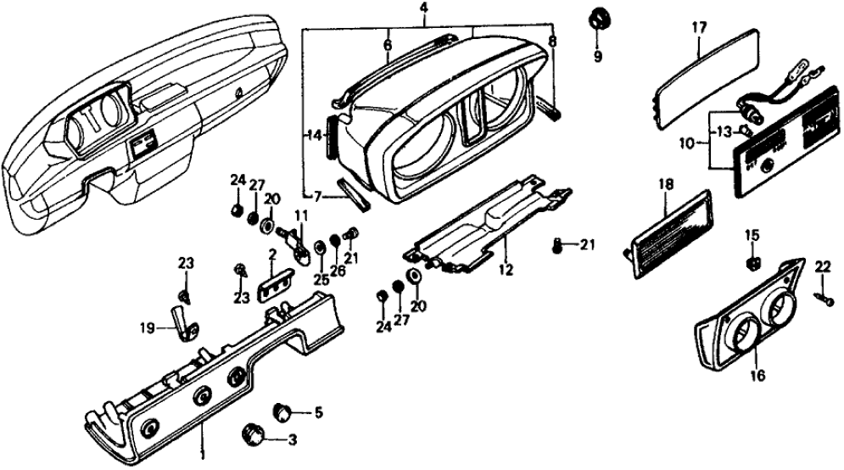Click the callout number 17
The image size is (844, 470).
698,27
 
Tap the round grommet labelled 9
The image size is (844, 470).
600,19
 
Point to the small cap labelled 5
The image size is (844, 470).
283,413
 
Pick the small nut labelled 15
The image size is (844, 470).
752,262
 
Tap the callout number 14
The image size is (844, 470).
313,134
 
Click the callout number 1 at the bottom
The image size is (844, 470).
201,455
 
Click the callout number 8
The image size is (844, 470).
552,39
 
